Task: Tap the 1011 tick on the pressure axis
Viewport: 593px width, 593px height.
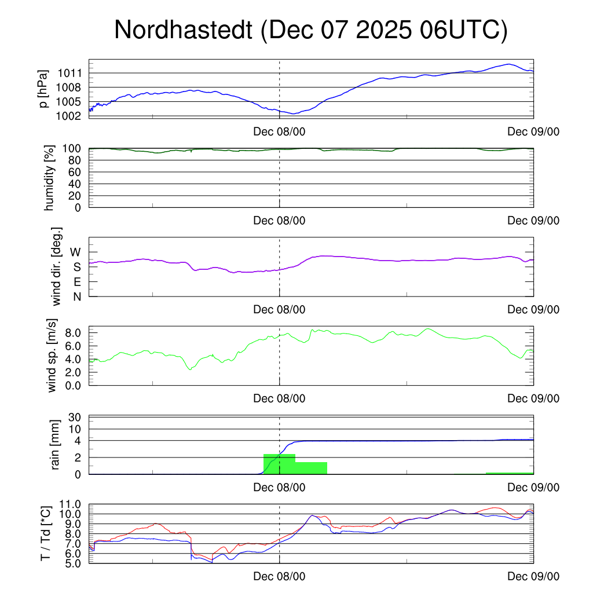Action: pyautogui.click(x=69, y=74)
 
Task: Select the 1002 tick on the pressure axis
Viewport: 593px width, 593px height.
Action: pyautogui.click(x=69, y=116)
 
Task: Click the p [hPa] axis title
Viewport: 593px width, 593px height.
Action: pyautogui.click(x=43, y=88)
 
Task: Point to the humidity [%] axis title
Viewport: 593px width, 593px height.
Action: pyautogui.click(x=49, y=177)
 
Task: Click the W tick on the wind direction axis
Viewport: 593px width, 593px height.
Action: pyautogui.click(x=76, y=252)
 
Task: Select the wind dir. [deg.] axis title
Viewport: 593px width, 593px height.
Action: pyautogui.click(x=57, y=266)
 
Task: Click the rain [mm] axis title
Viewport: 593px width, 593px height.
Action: pyautogui.click(x=56, y=445)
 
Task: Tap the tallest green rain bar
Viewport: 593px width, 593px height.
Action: pyautogui.click(x=279, y=464)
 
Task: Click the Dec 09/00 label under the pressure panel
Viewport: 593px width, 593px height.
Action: pyautogui.click(x=533, y=131)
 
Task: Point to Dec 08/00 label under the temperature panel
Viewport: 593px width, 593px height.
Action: pyautogui.click(x=279, y=577)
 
